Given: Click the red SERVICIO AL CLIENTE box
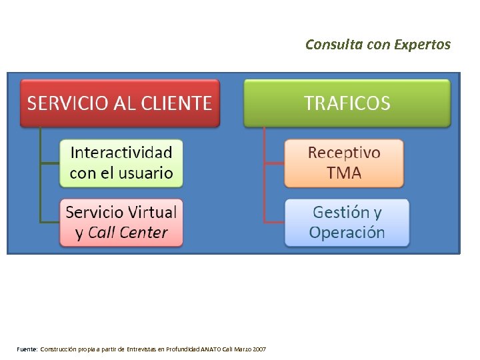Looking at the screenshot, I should pyautogui.click(x=120, y=103).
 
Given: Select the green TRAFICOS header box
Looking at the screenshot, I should pyautogui.click(x=347, y=103).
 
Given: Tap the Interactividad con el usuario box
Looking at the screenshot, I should pyautogui.click(x=121, y=163).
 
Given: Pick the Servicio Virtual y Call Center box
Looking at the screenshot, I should pyautogui.click(x=121, y=223).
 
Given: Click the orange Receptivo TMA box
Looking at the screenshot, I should pyautogui.click(x=344, y=163).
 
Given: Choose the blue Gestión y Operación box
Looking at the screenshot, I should pyautogui.click(x=347, y=223).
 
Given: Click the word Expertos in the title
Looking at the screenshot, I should pyautogui.click(x=422, y=45).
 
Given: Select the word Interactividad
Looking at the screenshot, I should pyautogui.click(x=121, y=153).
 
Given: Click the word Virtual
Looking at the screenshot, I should pyautogui.click(x=147, y=213).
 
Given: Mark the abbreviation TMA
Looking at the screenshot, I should pyautogui.click(x=344, y=173).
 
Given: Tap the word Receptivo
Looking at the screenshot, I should pyautogui.click(x=344, y=153).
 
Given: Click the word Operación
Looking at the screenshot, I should pyautogui.click(x=347, y=233).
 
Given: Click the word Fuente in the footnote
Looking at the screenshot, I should pyautogui.click(x=27, y=349).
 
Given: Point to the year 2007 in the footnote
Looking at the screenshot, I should pyautogui.click(x=259, y=349).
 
